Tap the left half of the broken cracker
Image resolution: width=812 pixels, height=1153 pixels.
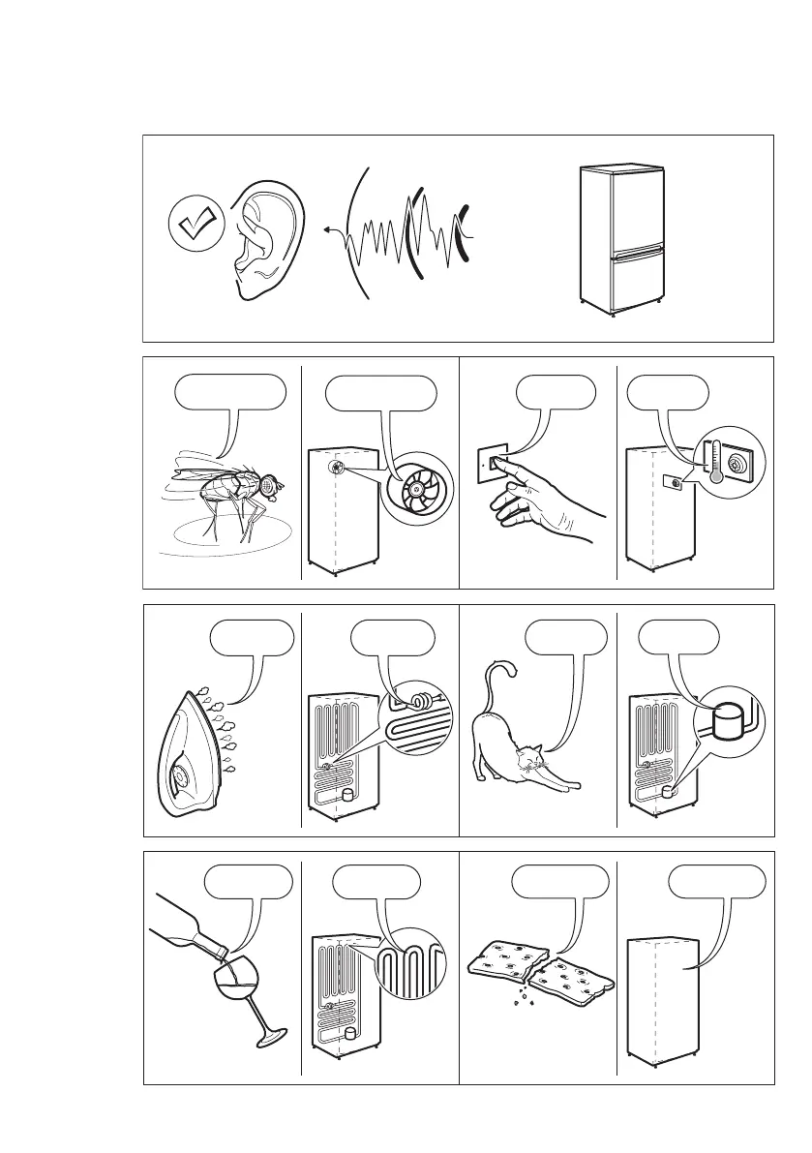[x=502, y=961]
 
